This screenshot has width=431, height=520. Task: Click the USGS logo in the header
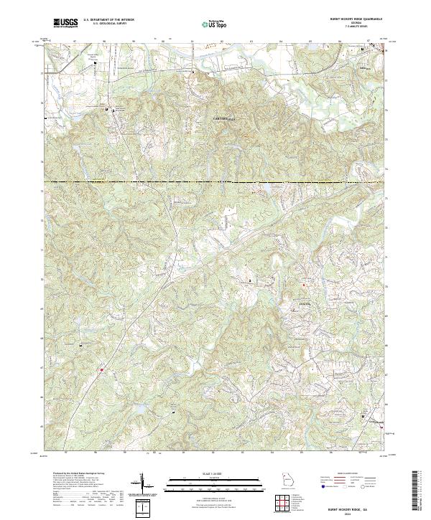coord(65,24)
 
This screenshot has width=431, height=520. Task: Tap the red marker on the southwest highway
coord(102,370)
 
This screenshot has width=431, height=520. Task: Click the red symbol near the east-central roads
coord(303,285)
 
